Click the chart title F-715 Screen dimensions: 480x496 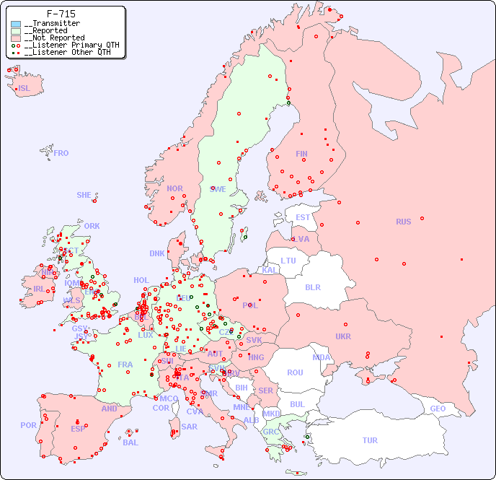pyautogui.click(x=61, y=14)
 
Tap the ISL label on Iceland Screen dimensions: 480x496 pyautogui.click(x=25, y=89)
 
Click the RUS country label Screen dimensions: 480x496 pyautogui.click(x=403, y=222)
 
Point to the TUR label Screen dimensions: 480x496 pyautogui.click(x=370, y=440)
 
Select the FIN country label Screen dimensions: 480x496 pyautogui.click(x=301, y=154)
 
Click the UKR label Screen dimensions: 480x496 pyautogui.click(x=343, y=336)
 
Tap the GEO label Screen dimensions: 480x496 pyautogui.click(x=438, y=409)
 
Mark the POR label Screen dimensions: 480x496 pyautogui.click(x=28, y=425)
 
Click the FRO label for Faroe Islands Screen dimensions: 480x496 pyautogui.click(x=61, y=153)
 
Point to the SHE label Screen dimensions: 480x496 pyautogui.click(x=84, y=195)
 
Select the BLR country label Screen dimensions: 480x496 pyautogui.click(x=312, y=287)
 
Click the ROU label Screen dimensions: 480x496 pyautogui.click(x=295, y=372)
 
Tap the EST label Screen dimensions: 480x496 pyautogui.click(x=303, y=217)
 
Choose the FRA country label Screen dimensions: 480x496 pyautogui.click(x=125, y=365)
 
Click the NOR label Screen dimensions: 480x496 pyautogui.click(x=174, y=188)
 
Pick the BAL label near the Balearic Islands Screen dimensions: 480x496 pyautogui.click(x=130, y=442)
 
